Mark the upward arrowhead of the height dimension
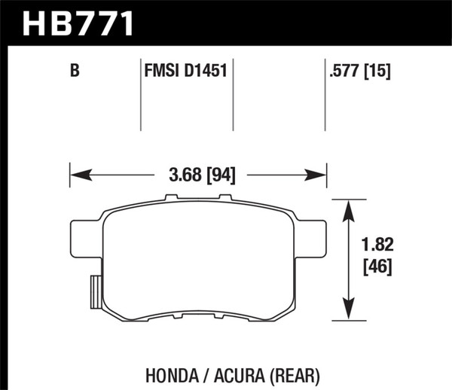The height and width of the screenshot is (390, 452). pyautogui.click(x=349, y=208)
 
